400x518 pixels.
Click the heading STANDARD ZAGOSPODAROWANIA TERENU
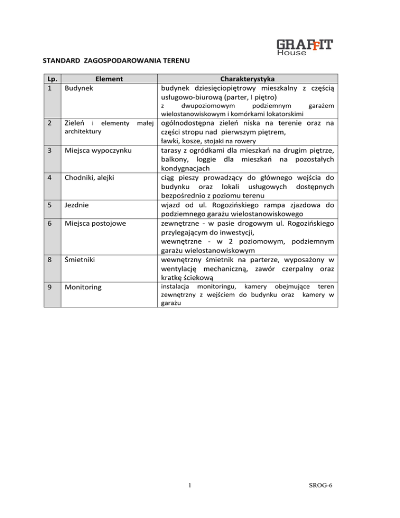115,60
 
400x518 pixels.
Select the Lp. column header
51,79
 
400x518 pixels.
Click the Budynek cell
79,88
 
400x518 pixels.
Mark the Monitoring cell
84,287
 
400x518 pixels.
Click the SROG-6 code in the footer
319,486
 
